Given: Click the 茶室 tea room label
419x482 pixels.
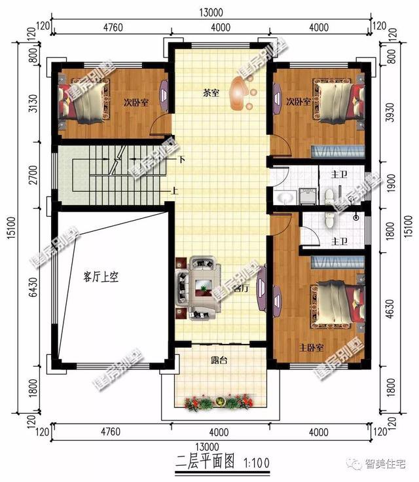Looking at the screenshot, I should click(x=210, y=94).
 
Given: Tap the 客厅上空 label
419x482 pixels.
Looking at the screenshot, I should click(x=100, y=277).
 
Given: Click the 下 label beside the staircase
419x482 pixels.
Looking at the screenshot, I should click(x=181, y=159).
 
